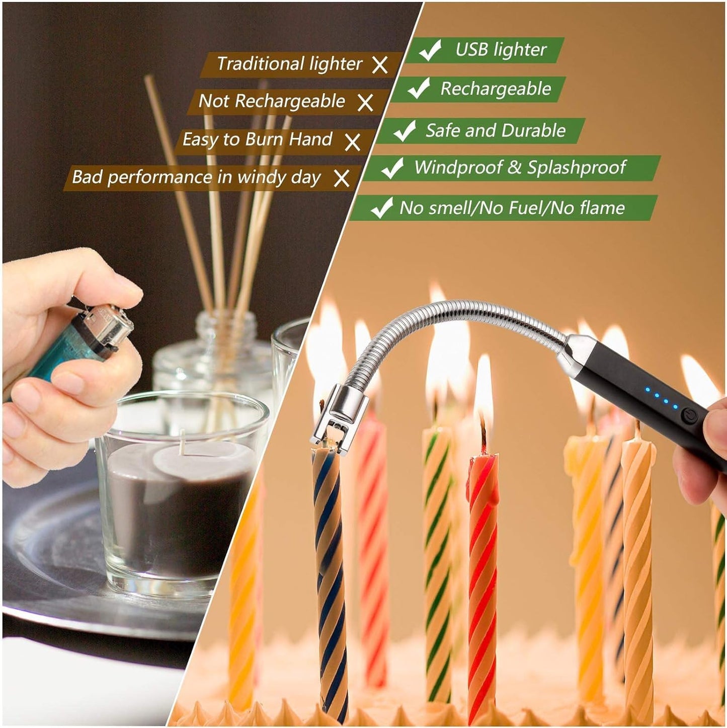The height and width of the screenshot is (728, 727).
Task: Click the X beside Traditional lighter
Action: pos(380,64)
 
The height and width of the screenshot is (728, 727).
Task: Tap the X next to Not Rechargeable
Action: pos(365,102)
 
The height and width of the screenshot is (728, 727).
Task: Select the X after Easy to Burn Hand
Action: pos(353,141)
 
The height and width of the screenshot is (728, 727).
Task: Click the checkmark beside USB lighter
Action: pos(430,50)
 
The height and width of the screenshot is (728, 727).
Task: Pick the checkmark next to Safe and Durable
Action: pos(404,131)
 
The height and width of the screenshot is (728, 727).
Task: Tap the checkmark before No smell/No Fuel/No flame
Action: pos(381,207)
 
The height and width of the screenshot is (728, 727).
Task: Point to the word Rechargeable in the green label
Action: pos(496,89)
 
